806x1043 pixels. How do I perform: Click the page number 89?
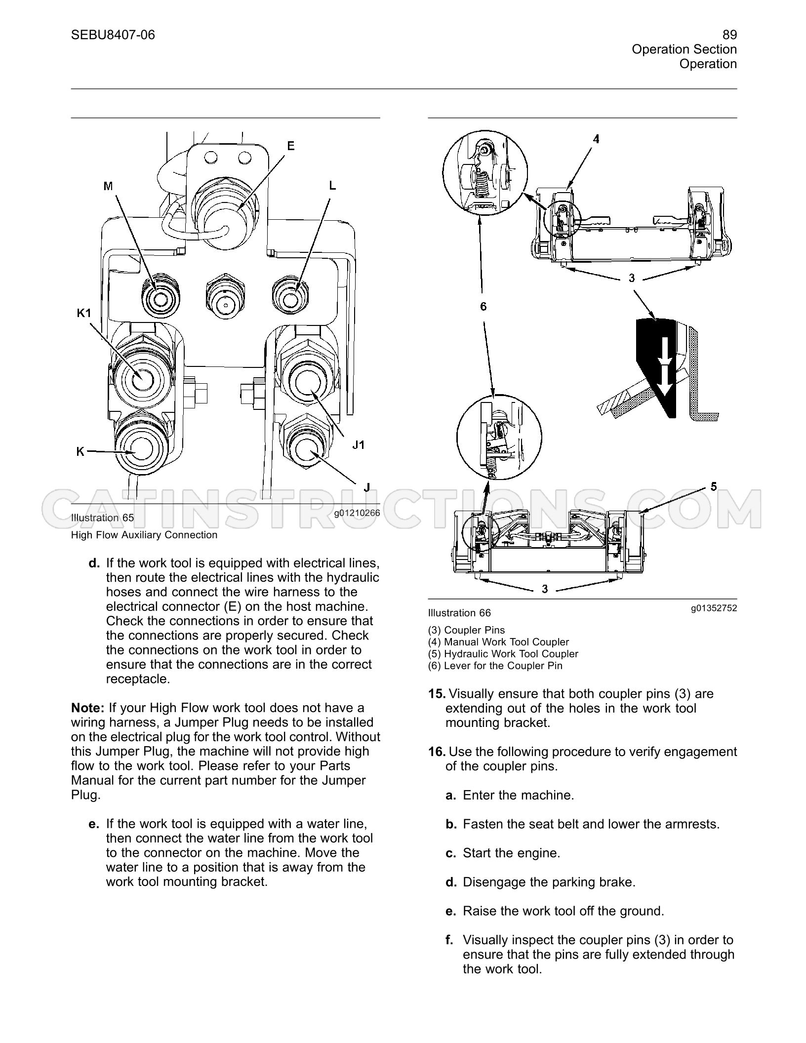[729, 35]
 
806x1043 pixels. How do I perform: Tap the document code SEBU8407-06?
[113, 35]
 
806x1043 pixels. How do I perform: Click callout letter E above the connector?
[291, 146]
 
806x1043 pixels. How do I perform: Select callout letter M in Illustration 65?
[108, 186]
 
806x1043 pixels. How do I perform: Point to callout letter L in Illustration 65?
[332, 185]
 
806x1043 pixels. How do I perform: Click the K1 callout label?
[84, 313]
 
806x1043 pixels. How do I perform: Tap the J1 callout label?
[359, 445]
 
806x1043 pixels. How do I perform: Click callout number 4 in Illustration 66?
[596, 139]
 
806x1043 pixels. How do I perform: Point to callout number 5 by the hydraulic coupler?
[714, 487]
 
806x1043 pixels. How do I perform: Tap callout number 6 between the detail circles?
[484, 307]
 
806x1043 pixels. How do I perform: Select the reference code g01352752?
[714, 608]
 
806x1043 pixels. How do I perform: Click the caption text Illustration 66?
[459, 613]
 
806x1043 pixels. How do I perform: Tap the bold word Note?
[88, 708]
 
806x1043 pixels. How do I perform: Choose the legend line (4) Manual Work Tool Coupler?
[498, 642]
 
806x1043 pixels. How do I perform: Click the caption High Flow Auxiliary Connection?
[144, 535]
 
